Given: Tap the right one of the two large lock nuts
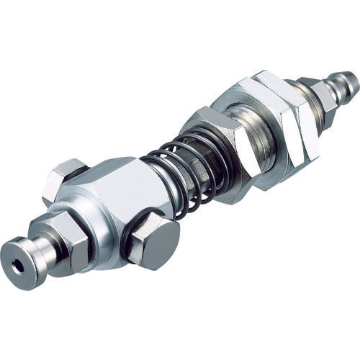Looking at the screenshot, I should pos(288,115).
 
